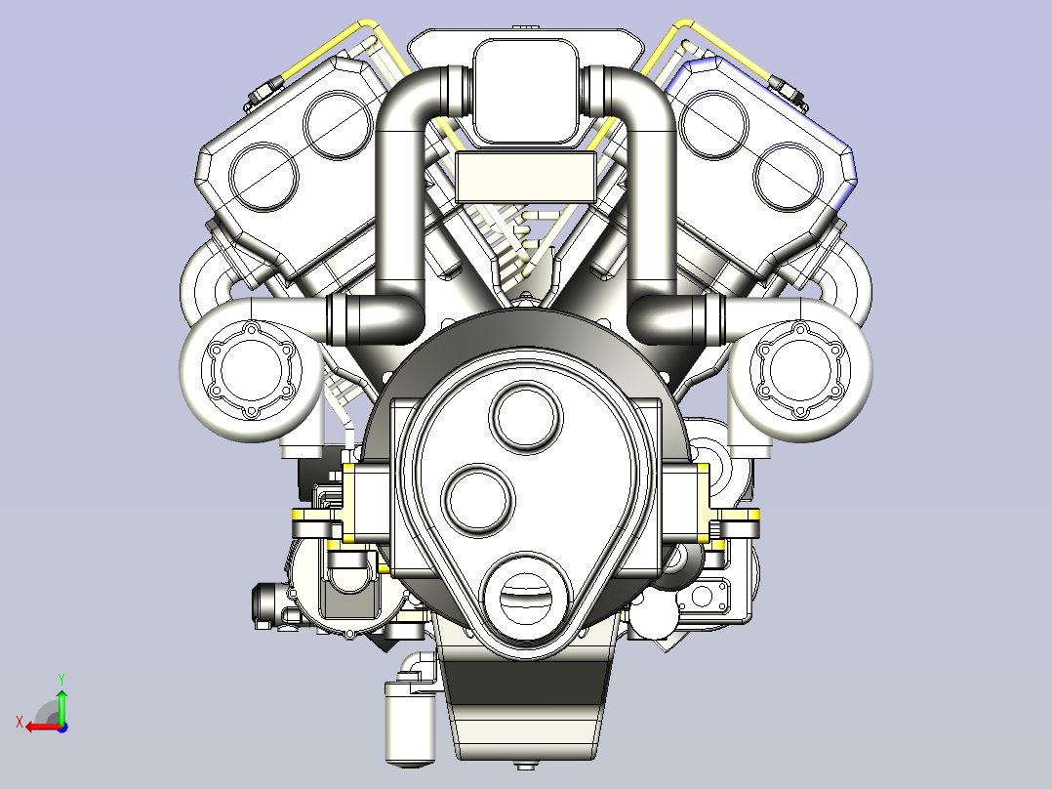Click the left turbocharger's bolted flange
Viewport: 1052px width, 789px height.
(x=250, y=373)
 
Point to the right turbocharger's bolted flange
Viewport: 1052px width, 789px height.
(x=801, y=373)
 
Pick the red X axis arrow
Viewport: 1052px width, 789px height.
(x=37, y=727)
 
